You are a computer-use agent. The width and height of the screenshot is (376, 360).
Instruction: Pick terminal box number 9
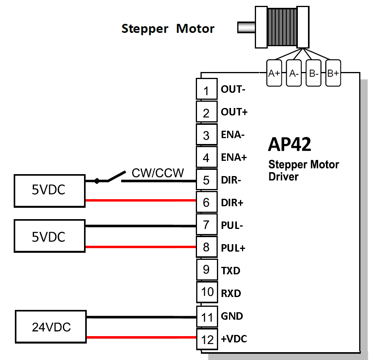[206, 270]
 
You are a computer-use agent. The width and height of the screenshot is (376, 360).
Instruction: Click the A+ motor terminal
[274, 73]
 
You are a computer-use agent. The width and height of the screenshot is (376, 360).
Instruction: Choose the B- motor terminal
[313, 73]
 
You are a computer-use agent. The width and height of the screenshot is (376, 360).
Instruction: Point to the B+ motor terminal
[333, 73]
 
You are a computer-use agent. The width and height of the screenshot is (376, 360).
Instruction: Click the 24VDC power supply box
[51, 327]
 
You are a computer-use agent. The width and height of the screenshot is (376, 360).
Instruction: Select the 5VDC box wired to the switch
[49, 191]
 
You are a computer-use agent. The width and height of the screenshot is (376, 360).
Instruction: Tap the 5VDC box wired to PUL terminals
[49, 236]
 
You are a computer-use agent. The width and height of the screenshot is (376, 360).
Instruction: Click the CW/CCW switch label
[158, 173]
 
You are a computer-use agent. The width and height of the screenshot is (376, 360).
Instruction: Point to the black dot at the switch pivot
[97, 181]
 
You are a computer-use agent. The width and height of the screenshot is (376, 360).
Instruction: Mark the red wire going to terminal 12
[141, 337]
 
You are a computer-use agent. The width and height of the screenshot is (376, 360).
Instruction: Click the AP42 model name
[289, 145]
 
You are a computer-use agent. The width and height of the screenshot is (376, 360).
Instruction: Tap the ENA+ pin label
[234, 158]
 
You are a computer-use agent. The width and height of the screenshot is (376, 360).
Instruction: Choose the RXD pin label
[231, 293]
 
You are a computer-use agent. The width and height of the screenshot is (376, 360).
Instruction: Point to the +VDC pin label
[234, 339]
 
